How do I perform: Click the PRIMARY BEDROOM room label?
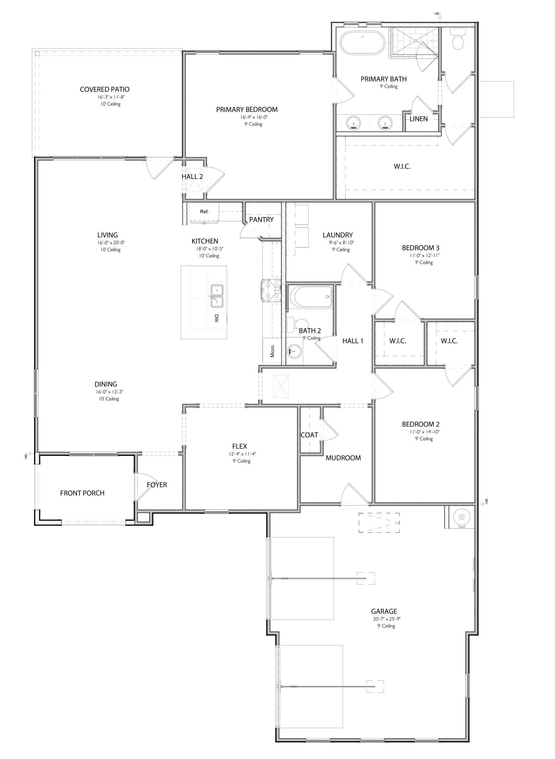247,110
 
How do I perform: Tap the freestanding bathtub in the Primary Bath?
362,42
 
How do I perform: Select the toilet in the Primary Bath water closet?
458,40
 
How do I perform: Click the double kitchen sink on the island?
216,296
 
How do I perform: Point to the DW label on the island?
216,319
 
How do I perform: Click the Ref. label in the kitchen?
204,212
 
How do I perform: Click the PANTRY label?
261,219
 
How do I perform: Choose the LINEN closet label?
418,119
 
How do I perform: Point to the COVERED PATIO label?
104,89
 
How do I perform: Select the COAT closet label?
309,435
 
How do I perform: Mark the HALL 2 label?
192,176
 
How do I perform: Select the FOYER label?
157,485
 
